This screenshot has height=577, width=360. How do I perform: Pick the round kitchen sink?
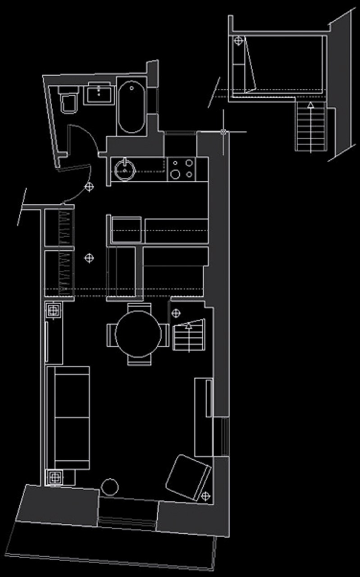[x=124, y=169]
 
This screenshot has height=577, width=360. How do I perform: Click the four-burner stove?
[x=182, y=169]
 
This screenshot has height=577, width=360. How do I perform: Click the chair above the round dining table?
[x=139, y=307]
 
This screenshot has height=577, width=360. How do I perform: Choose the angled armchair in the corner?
[x=188, y=477]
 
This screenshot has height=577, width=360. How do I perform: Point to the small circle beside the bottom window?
[x=109, y=487]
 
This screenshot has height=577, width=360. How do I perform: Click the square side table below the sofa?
[x=55, y=477]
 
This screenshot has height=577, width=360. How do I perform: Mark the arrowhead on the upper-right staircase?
[x=310, y=105]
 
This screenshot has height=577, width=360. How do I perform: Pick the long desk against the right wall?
[x=203, y=417]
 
